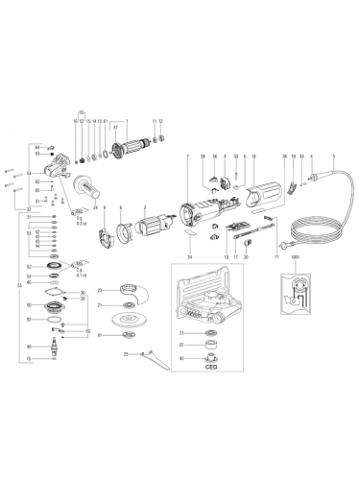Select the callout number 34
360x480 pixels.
click(190, 257)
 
